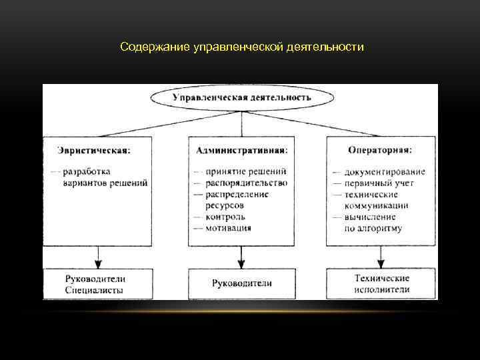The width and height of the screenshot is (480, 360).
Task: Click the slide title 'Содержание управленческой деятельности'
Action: pyautogui.click(x=242, y=48)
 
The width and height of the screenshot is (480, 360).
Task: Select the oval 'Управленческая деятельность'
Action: pyautogui.click(x=241, y=97)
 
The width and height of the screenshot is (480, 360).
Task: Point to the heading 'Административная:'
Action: pyautogui.click(x=241, y=150)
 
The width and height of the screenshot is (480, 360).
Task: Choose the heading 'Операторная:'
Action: pyautogui.click(x=379, y=150)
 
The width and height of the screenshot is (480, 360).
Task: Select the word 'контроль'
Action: pyautogui.click(x=225, y=217)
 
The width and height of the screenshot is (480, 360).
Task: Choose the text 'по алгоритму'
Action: pyautogui.click(x=373, y=228)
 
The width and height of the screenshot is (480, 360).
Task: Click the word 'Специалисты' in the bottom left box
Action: pyautogui.click(x=95, y=290)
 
